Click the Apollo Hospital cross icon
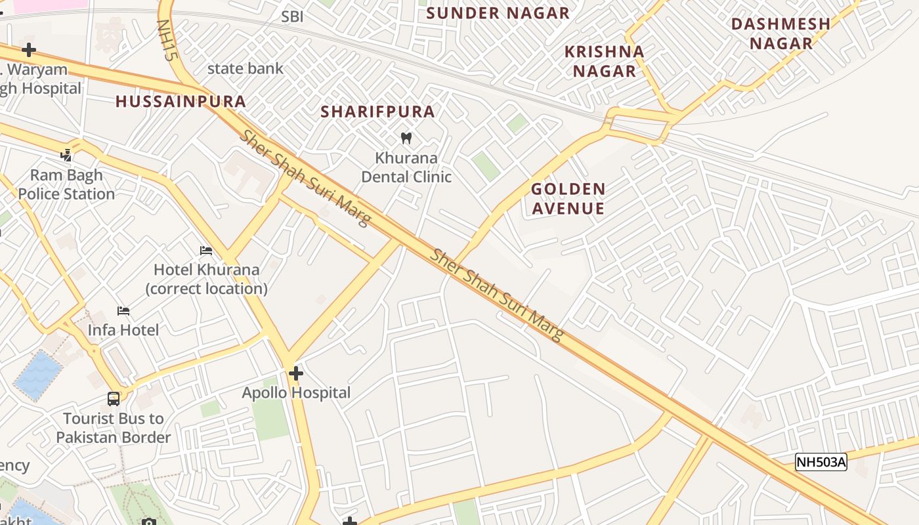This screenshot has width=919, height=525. pos(296,373)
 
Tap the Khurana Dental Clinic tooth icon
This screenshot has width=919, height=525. pos(406,138)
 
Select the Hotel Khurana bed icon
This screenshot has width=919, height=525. pos(206,251)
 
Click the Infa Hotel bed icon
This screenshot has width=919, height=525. pos(123,310)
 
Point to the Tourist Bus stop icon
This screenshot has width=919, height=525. pos(114,399)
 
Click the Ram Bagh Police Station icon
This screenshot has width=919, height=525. pos(66,156)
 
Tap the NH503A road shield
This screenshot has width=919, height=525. pos(821,462)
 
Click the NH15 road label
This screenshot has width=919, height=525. pos(167,40)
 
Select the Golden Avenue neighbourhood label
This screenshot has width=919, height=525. pos(568,199)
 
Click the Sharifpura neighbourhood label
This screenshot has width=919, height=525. pos(377,112)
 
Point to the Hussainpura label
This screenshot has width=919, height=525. pos(181,102)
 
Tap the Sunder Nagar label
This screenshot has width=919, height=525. pos(498,13)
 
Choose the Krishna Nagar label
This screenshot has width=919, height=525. pos(605,61)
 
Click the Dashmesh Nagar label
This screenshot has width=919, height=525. pos(780,33)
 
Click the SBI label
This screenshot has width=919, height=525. pos(292,17)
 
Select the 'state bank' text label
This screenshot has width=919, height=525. pos(246,68)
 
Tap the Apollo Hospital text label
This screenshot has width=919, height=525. pos(296,393)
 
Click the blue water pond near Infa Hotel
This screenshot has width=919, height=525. pos(38,375)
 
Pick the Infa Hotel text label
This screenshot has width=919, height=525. pos(123,330)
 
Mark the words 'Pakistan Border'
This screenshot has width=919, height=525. pos(114,438)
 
